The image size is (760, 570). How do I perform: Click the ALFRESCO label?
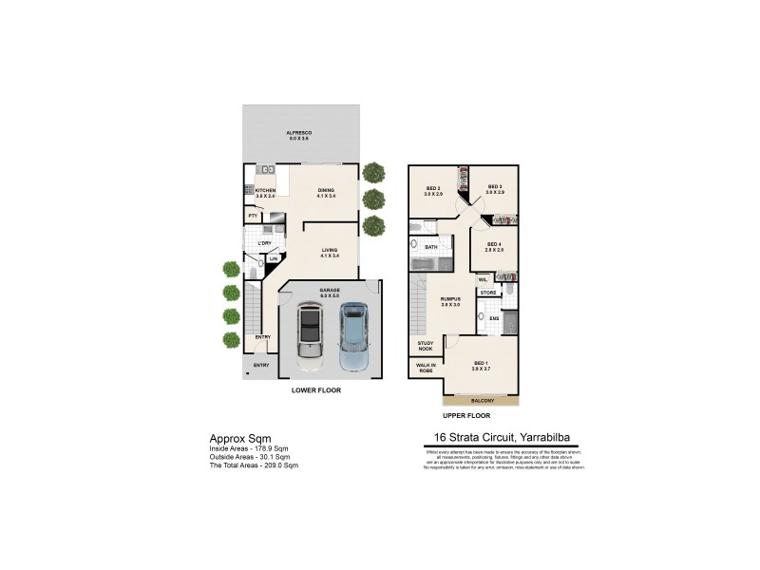click(300, 132)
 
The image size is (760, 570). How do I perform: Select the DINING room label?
click(326, 189)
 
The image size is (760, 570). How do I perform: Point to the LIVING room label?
click(330, 250)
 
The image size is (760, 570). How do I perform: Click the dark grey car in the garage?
click(311, 335)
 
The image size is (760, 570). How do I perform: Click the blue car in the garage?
click(353, 335)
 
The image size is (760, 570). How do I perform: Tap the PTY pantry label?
click(253, 217)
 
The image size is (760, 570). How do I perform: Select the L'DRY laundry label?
click(265, 243)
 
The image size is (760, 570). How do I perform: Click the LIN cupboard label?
click(273, 258)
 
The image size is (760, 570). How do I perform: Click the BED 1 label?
click(481, 363)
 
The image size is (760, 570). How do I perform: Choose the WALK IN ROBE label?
click(425, 368)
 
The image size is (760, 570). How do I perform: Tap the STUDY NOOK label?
click(425, 346)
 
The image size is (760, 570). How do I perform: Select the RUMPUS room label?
click(449, 301)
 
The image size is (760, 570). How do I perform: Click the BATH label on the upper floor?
click(430, 247)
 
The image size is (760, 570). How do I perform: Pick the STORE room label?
click(487, 293)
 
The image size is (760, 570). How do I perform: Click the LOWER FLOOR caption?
click(316, 390)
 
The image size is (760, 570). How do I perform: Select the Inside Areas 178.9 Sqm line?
click(248, 447)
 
